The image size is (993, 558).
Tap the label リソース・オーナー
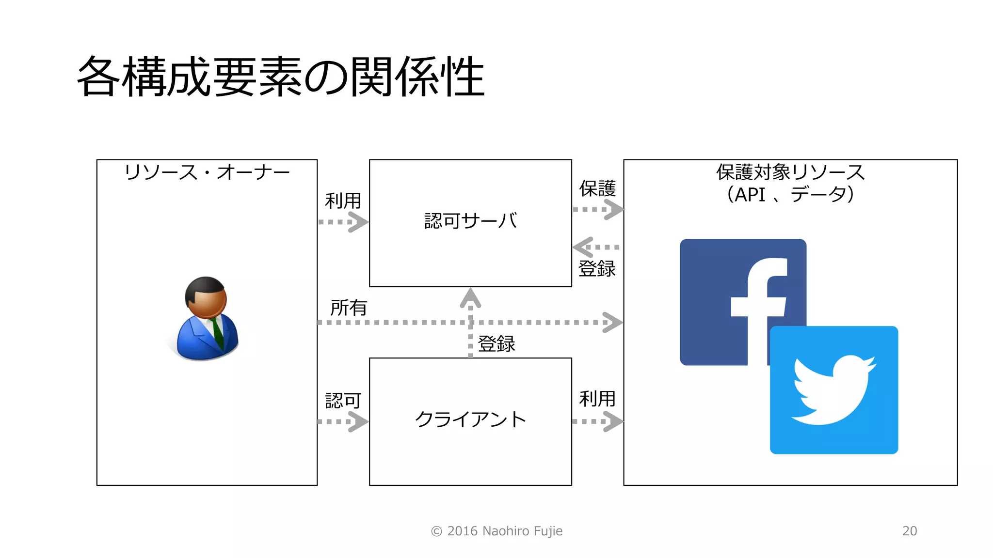pos(207,172)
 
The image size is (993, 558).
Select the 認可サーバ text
pos(470,221)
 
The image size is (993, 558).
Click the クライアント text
pos(470,419)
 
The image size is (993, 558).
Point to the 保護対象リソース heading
pos(790,172)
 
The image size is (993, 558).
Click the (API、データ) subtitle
pos(790,195)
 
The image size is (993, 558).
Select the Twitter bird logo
pos(834,390)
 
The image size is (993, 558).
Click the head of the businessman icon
pos(206,296)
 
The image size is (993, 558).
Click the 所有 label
pos(348,308)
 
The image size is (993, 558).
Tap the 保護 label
pos(597,189)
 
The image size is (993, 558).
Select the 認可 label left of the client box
pos(343,401)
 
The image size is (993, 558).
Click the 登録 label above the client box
pos(496,344)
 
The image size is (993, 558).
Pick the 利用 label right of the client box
pos(597,399)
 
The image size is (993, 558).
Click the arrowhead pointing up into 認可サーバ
pos(470,297)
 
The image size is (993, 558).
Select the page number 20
pos(910,531)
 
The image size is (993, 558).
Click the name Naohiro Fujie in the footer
pos(522,531)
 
